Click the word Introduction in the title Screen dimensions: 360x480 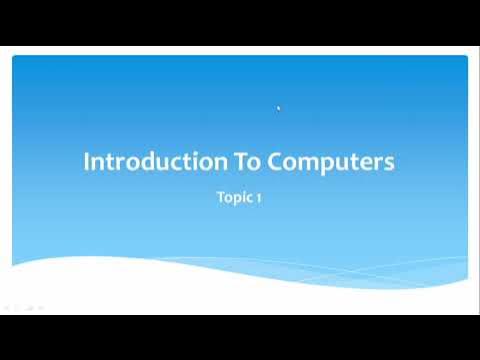(144, 162)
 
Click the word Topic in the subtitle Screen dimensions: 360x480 (234, 198)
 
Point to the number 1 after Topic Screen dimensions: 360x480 (259, 198)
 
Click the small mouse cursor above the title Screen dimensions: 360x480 (278, 108)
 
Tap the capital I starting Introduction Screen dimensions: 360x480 (86, 162)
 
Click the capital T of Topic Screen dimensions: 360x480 (220, 198)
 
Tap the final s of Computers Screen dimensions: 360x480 (389, 164)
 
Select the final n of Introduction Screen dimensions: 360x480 (200, 164)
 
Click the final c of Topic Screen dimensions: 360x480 (250, 199)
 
